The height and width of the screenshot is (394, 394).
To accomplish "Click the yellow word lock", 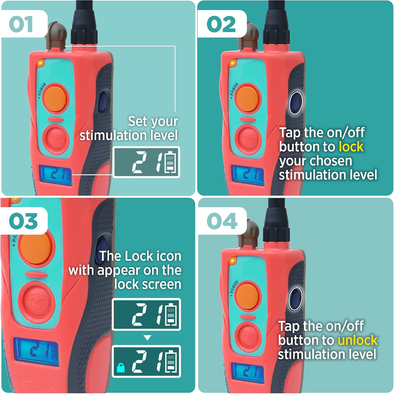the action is (x=351, y=147).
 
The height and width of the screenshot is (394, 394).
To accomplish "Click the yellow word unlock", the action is (x=357, y=340).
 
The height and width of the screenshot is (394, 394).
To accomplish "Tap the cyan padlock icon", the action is (x=121, y=367).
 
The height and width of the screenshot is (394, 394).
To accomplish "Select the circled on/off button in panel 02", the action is (x=296, y=103).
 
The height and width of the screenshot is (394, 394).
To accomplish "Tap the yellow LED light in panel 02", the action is (x=232, y=63).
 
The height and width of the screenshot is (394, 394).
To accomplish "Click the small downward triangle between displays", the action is (x=148, y=338).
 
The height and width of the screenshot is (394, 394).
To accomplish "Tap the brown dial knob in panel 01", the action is (x=56, y=35).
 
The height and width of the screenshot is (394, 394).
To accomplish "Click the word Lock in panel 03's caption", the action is (x=139, y=256).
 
